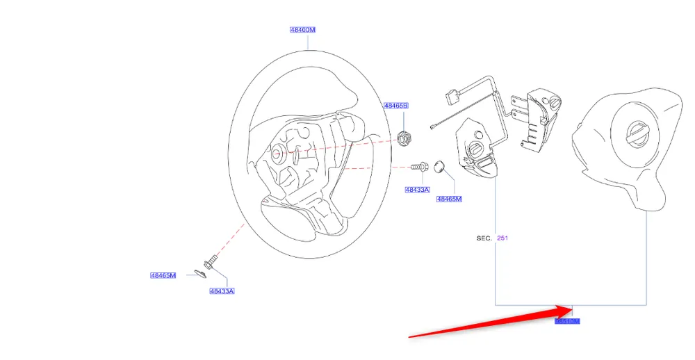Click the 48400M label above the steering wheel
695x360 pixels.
coord(303,30)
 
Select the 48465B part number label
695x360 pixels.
coord(396,106)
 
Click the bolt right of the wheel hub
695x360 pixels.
coord(418,167)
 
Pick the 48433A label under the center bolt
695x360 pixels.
coord(418,189)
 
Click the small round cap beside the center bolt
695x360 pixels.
coord(439,166)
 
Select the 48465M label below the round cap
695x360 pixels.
coord(449,199)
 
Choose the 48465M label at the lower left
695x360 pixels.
coord(163,275)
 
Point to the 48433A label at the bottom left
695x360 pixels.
coord(222,291)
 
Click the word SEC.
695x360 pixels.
coord(484,238)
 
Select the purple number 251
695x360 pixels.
coord(502,238)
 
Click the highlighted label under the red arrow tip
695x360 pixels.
coord(567,321)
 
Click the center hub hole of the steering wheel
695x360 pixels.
coord(277,154)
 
